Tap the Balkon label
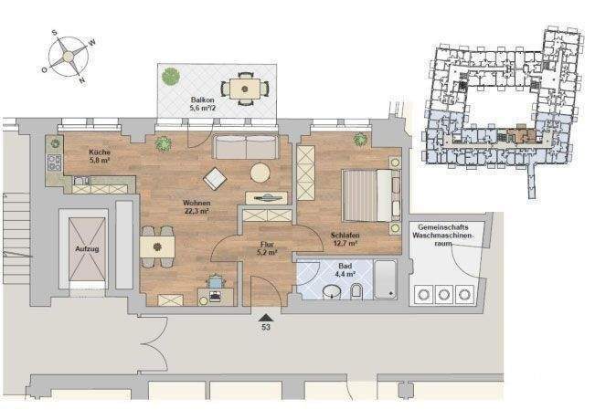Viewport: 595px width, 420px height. [x=202, y=103]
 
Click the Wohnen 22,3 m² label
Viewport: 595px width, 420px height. [x=197, y=207]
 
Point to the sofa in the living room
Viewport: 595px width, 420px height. [x=246, y=147]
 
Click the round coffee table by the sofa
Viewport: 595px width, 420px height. [x=261, y=172]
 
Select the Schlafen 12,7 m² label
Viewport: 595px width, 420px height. [x=345, y=239]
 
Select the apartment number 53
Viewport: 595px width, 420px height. [x=266, y=326]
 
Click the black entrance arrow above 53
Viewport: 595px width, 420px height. [x=266, y=314]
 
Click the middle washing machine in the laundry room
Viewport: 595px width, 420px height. [x=445, y=294]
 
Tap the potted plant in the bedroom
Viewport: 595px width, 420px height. [x=361, y=140]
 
